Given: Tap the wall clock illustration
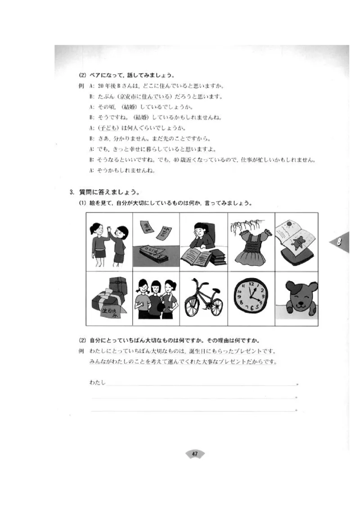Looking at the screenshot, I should tap(250, 297).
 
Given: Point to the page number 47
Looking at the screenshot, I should tap(195, 454).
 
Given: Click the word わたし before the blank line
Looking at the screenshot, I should tap(97, 383).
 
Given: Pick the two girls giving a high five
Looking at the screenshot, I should tap(109, 243).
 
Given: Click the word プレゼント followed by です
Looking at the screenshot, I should tap(254, 351).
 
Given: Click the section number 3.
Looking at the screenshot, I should tap(72, 192).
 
